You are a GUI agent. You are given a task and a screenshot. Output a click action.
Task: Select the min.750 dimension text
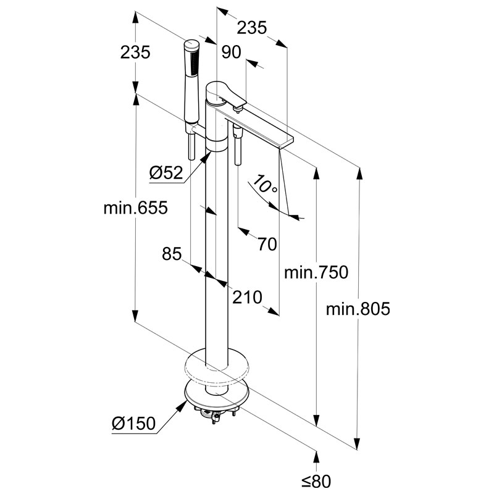(316, 272)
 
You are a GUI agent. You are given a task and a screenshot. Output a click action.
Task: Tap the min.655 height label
(135, 208)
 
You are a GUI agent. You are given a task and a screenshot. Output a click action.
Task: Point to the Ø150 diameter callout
(134, 424)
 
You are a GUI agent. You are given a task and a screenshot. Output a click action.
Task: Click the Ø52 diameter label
(166, 174)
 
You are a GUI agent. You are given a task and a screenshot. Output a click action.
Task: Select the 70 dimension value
(267, 244)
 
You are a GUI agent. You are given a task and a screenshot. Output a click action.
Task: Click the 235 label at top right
(252, 27)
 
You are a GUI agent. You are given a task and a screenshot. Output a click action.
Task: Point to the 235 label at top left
(135, 52)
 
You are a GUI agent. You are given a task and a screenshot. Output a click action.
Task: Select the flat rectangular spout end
(284, 141)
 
